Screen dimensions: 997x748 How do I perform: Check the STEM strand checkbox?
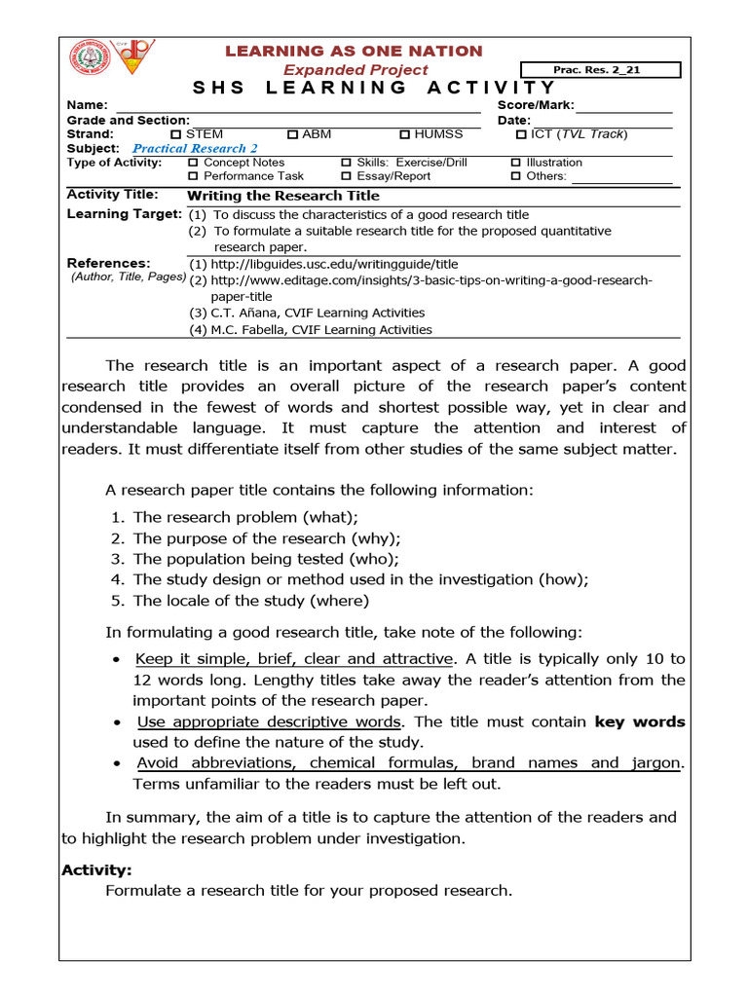point(175,134)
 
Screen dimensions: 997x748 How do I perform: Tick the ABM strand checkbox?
point(292,134)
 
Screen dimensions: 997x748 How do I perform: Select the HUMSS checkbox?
point(405,134)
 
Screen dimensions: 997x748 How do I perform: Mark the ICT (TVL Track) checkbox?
point(521,134)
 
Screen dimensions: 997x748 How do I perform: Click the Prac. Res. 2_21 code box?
point(601,70)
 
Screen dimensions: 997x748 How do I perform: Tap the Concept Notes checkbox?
point(193,163)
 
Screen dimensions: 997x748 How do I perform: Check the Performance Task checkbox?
point(193,176)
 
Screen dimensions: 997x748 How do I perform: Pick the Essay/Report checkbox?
point(346,176)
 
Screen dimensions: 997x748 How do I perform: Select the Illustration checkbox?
point(515,163)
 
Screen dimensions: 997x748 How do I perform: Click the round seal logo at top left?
point(90,58)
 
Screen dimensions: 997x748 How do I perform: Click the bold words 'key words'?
point(640,721)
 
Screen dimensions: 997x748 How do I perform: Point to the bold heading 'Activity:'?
point(96,869)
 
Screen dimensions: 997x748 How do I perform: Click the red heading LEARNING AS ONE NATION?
point(355,51)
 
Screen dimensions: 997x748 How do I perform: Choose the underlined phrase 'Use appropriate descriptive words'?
point(269,721)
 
